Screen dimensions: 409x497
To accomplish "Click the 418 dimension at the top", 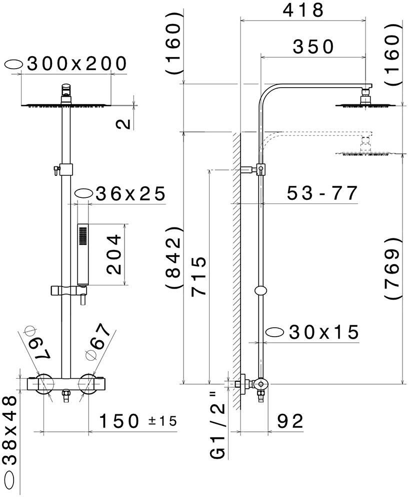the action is pyautogui.click(x=303, y=10).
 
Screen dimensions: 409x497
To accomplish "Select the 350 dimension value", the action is pyautogui.click(x=313, y=47).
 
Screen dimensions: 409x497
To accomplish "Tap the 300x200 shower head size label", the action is pyautogui.click(x=77, y=64).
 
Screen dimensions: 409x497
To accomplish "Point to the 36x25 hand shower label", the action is pyautogui.click(x=130, y=194).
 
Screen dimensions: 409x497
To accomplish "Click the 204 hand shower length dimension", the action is pyautogui.click(x=114, y=255).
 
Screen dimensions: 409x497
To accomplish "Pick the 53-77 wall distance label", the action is pyautogui.click(x=322, y=193).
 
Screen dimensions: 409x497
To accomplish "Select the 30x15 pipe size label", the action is pyautogui.click(x=324, y=332).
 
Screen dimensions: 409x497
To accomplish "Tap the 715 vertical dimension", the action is pyautogui.click(x=198, y=276).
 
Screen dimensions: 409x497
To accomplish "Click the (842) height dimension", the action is pyautogui.click(x=173, y=257).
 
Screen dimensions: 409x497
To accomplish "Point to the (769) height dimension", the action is pyautogui.click(x=392, y=268).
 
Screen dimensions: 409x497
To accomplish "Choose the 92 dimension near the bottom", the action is pyautogui.click(x=290, y=421).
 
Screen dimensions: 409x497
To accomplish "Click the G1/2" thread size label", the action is pyautogui.click(x=218, y=425).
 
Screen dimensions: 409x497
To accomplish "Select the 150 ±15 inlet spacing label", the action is pyautogui.click(x=138, y=421).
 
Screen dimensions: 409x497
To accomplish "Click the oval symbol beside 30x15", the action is pyautogui.click(x=275, y=332).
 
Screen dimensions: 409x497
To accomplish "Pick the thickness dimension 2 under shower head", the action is pyautogui.click(x=124, y=124).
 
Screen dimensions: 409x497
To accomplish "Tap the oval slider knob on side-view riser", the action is pyautogui.click(x=261, y=291).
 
